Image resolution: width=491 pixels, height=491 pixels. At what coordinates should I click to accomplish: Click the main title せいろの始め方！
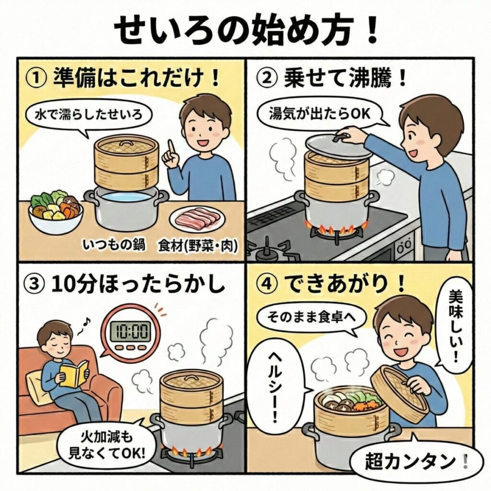pyautogui.click(x=245, y=30)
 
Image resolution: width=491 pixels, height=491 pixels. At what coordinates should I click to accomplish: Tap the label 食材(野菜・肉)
pyautogui.click(x=198, y=247)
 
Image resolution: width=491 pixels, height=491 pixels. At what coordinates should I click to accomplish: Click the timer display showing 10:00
pyautogui.click(x=129, y=330)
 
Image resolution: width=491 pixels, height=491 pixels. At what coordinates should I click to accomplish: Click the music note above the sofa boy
pyautogui.click(x=86, y=324)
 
